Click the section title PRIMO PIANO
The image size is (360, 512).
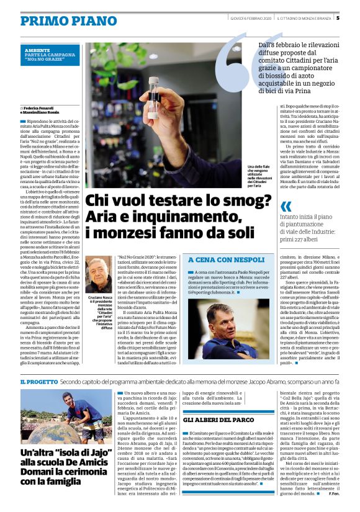point(60,20)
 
